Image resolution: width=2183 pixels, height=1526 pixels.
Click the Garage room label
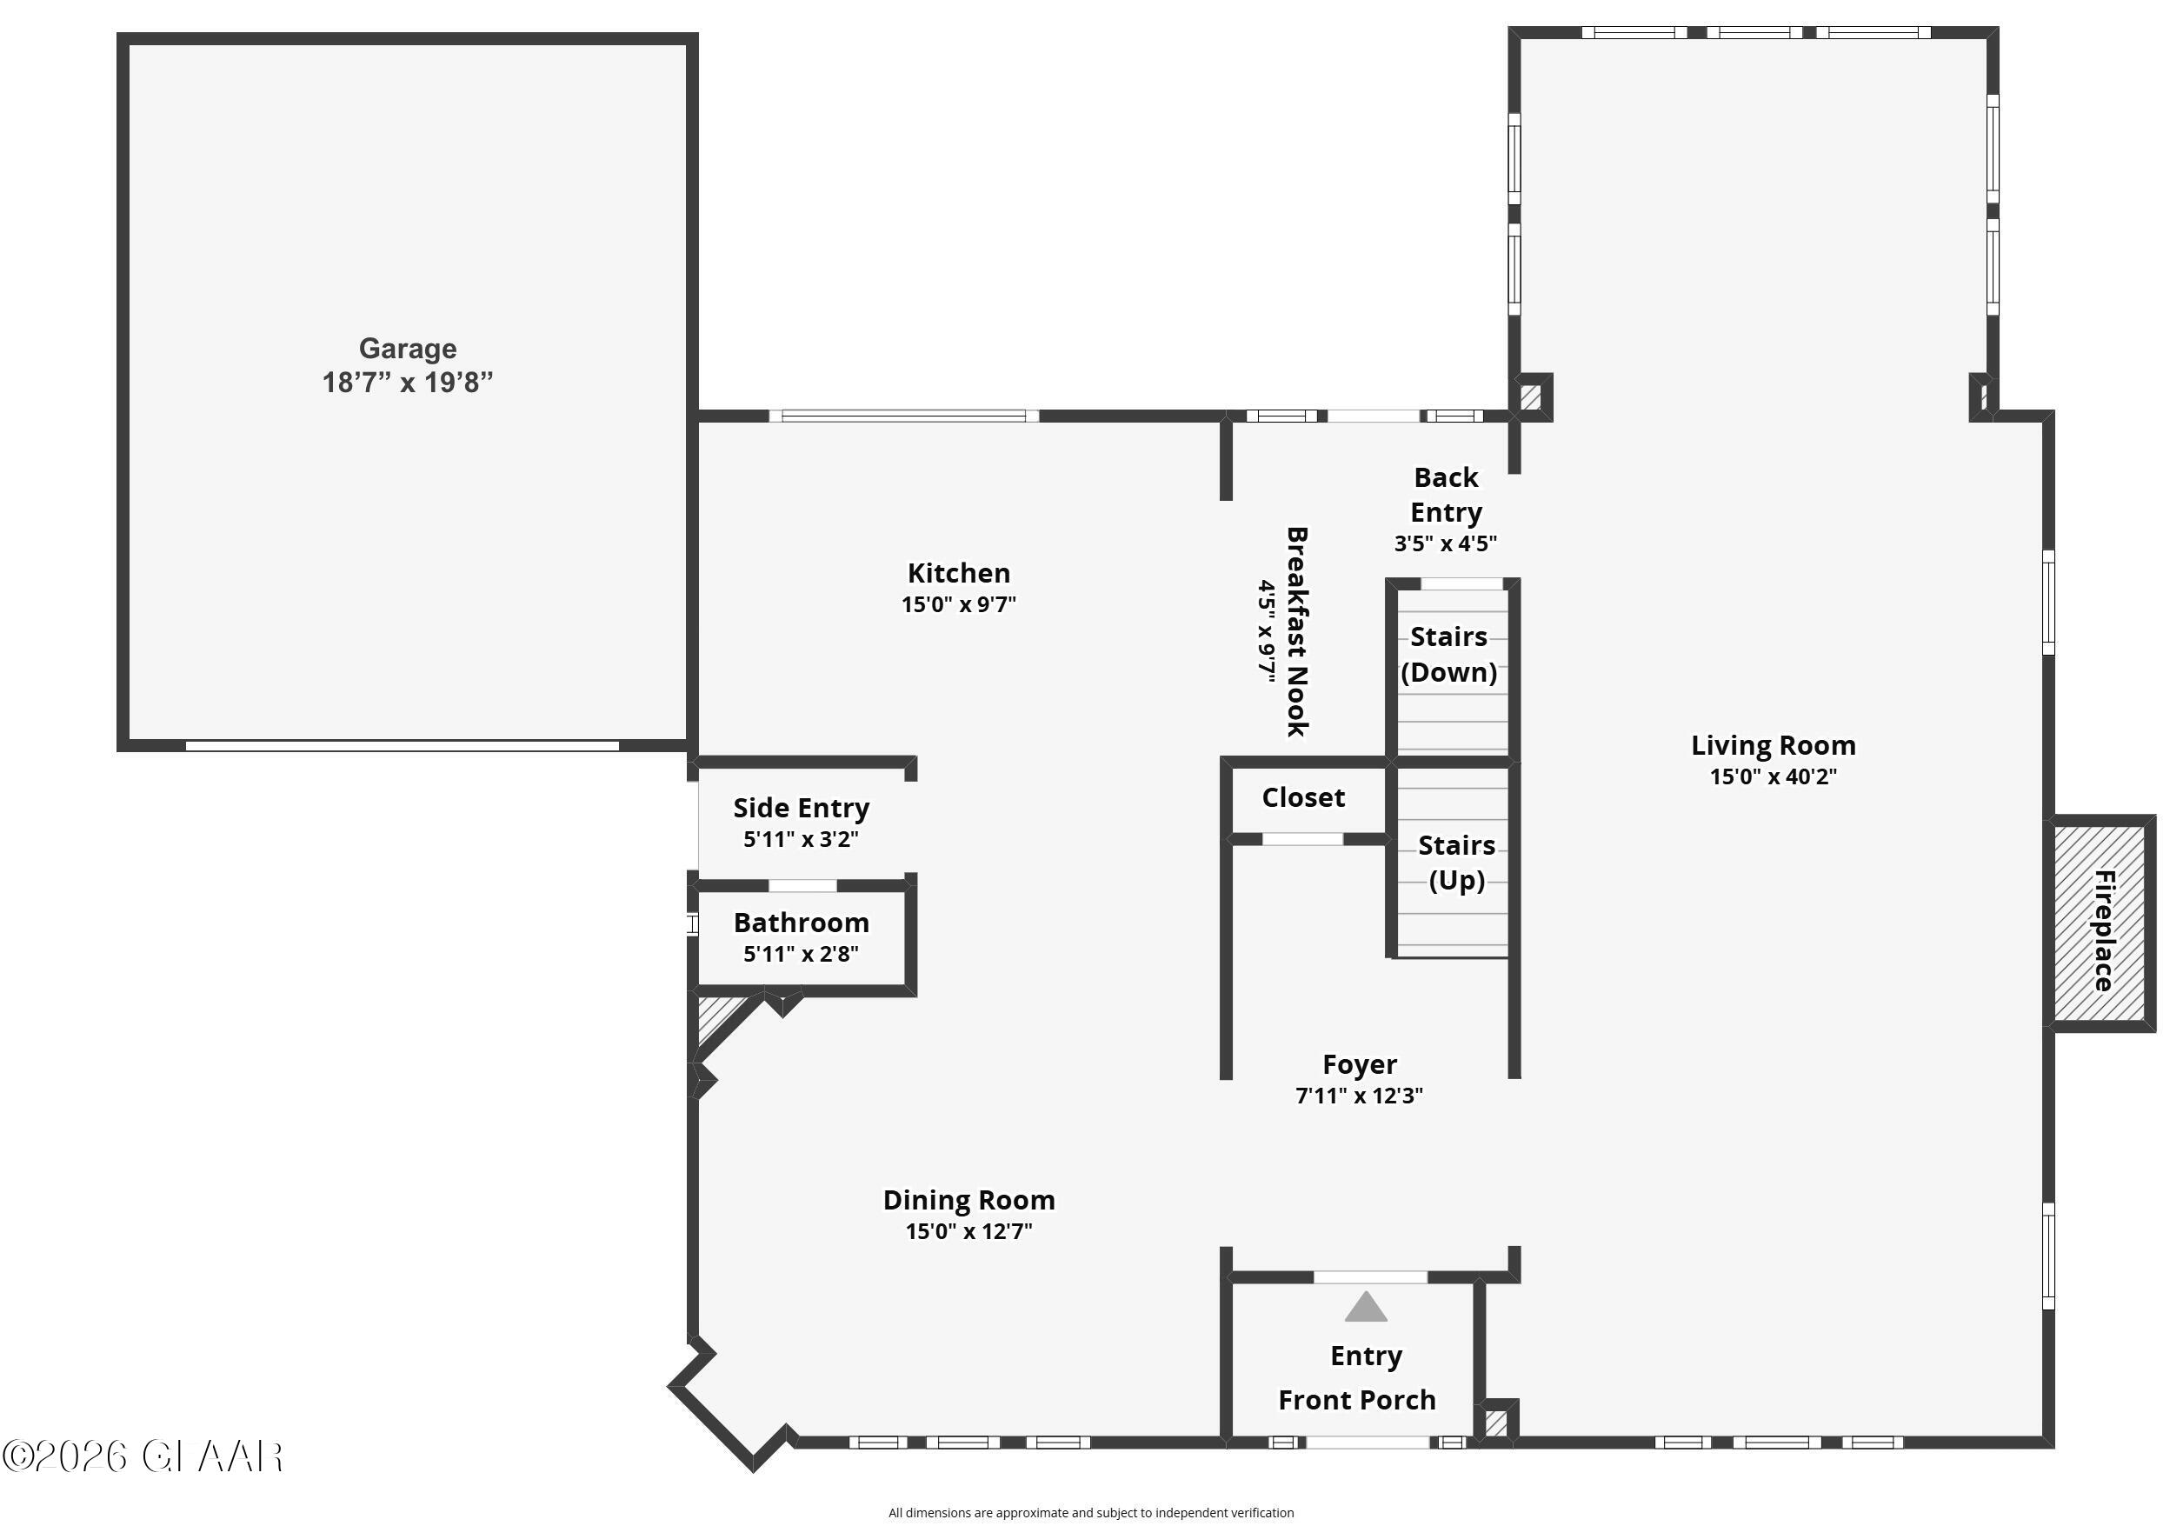point(407,349)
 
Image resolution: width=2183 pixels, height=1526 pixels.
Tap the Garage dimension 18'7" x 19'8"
point(407,383)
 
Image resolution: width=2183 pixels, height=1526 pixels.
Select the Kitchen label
point(958,573)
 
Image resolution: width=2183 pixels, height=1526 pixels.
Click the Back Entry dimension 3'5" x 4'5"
point(1445,543)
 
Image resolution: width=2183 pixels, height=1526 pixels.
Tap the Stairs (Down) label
point(1448,654)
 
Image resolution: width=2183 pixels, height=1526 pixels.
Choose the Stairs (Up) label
point(1455,863)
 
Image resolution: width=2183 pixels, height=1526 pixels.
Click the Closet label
point(1302,797)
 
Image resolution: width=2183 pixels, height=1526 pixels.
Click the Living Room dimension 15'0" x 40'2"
point(1773,776)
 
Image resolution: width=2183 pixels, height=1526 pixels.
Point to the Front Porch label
point(1357,1400)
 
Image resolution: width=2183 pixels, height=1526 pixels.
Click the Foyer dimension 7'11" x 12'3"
point(1359,1096)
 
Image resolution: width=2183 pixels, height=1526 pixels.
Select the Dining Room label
point(968,1200)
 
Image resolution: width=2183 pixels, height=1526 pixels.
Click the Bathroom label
point(801,923)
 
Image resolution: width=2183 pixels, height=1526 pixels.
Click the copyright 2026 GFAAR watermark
point(143,1456)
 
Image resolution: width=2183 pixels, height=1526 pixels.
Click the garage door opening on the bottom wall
point(403,746)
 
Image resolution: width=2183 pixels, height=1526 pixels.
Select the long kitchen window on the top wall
point(903,416)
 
